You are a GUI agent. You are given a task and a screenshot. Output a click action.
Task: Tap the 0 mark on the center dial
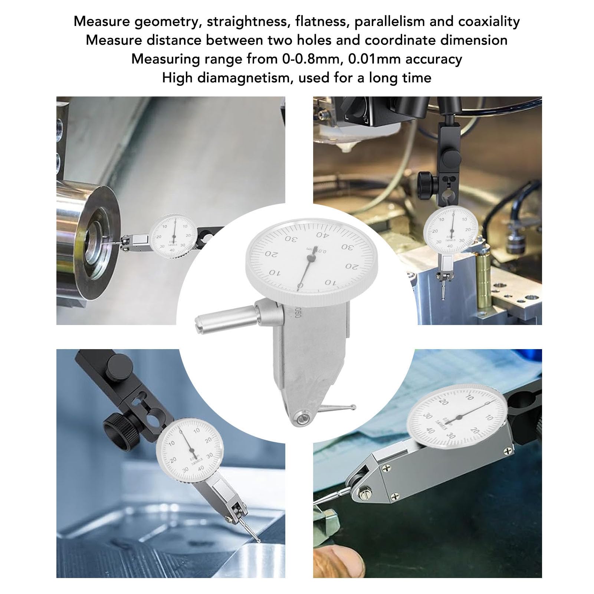point(300,285)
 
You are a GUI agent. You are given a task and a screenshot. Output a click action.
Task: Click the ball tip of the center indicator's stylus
point(354,407)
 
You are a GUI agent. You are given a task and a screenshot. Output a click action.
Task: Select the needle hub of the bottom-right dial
point(459,417)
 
